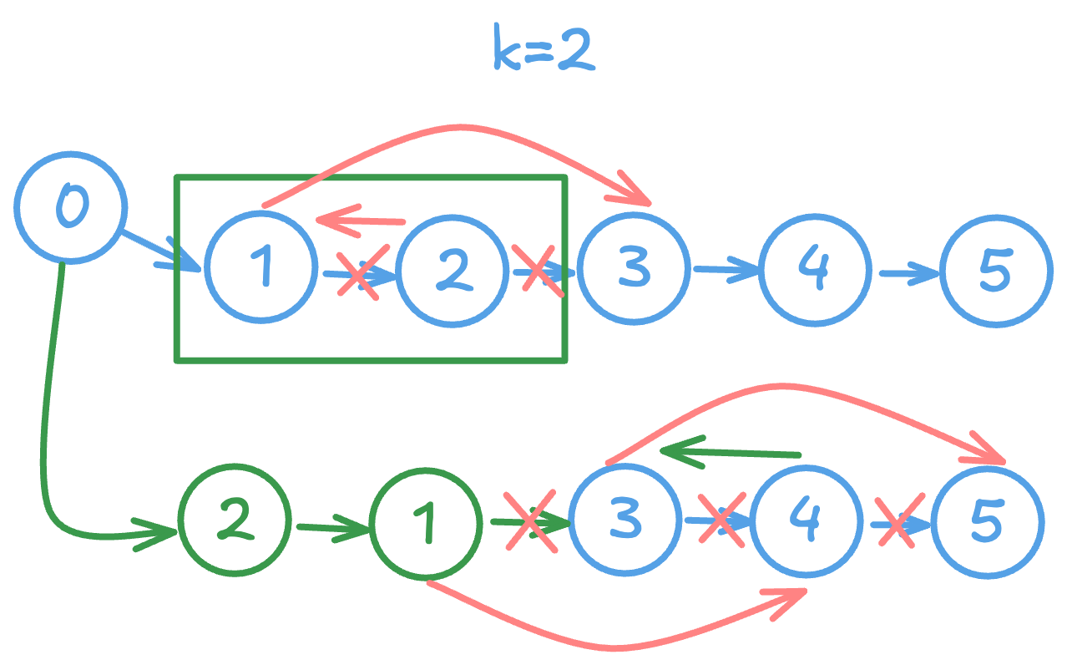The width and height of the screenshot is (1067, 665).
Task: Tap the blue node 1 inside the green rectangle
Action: pyautogui.click(x=261, y=267)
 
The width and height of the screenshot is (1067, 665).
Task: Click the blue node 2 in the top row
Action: pyautogui.click(x=453, y=271)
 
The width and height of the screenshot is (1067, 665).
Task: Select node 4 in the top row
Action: pyautogui.click(x=815, y=269)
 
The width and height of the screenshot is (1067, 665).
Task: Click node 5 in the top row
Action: pyautogui.click(x=996, y=271)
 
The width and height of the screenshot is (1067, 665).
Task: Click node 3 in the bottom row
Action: pyautogui.click(x=625, y=520)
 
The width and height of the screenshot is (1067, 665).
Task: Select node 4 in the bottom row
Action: pyautogui.click(x=807, y=521)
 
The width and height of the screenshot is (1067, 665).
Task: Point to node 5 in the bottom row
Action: pyautogui.click(x=987, y=521)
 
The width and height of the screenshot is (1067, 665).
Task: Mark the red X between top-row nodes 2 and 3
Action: pyautogui.click(x=538, y=269)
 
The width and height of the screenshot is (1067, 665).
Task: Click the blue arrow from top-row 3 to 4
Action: pyautogui.click(x=725, y=269)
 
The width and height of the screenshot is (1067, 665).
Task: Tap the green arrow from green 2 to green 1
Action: pyautogui.click(x=331, y=528)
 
